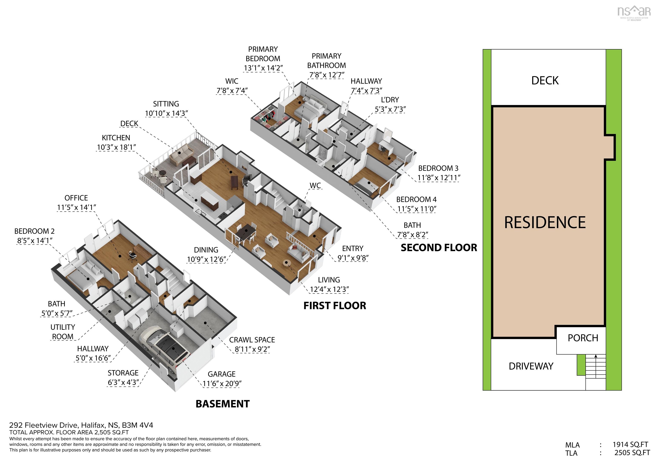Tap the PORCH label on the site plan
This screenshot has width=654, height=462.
583,338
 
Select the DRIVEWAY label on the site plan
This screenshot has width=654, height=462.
531,366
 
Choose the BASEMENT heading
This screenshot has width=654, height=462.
222,404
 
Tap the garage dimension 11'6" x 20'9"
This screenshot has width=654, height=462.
222,384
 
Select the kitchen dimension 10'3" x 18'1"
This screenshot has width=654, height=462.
116,147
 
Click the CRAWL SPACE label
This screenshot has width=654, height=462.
252,340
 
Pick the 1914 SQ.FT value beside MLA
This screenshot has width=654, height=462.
630,445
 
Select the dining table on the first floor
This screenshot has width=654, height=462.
245,231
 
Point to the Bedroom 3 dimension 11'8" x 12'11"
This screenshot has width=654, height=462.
439,178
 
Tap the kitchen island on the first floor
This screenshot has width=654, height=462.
210,200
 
